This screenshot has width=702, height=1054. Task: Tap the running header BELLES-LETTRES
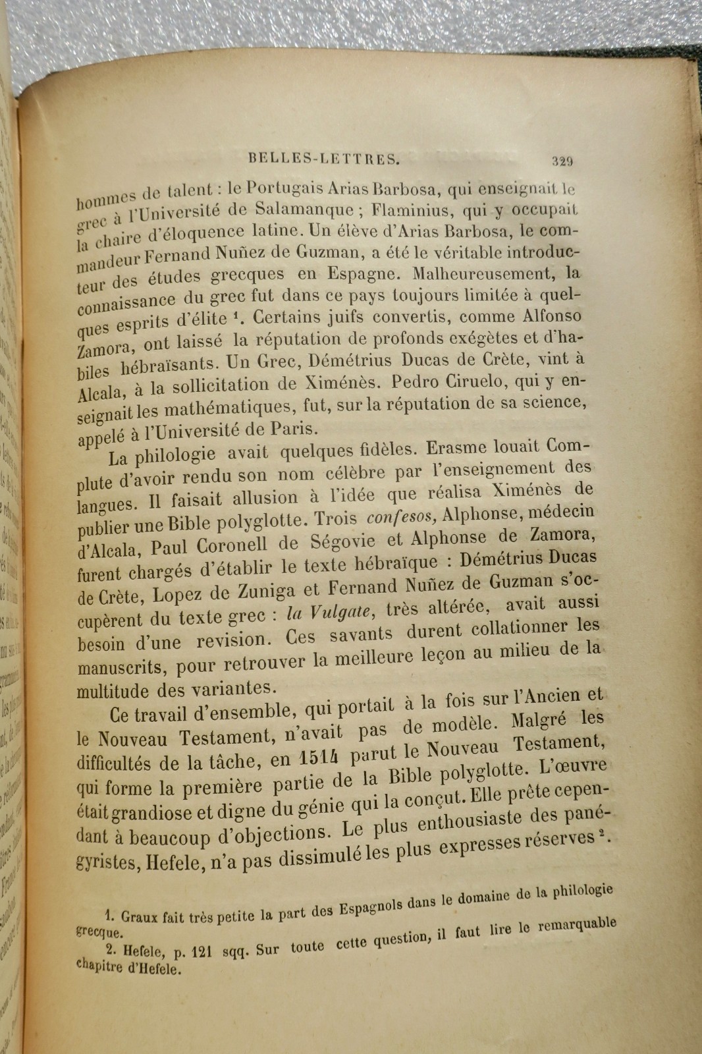[325, 158]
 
